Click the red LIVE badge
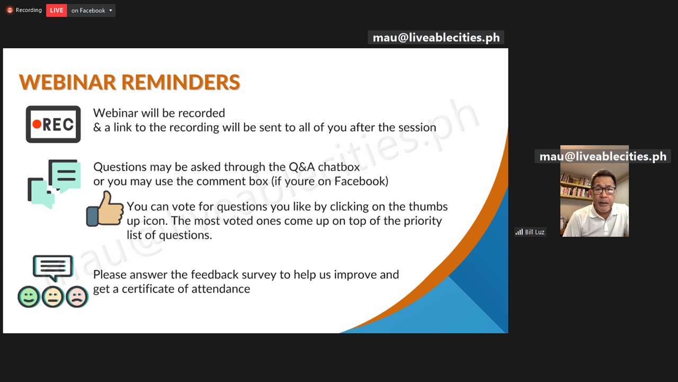(57, 10)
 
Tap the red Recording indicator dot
(10, 10)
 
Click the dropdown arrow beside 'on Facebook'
(111, 10)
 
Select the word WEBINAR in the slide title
(67, 82)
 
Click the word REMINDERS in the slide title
(181, 82)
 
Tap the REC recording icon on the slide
(53, 124)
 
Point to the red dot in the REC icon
(37, 124)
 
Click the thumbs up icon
(105, 209)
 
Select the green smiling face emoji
(29, 297)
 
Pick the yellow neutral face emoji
(53, 297)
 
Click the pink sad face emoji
(77, 297)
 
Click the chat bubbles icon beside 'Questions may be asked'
(54, 184)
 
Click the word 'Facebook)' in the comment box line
(361, 181)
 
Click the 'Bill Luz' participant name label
(534, 232)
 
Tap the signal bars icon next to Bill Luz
(519, 232)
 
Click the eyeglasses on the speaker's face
(603, 190)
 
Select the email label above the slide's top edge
(436, 38)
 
